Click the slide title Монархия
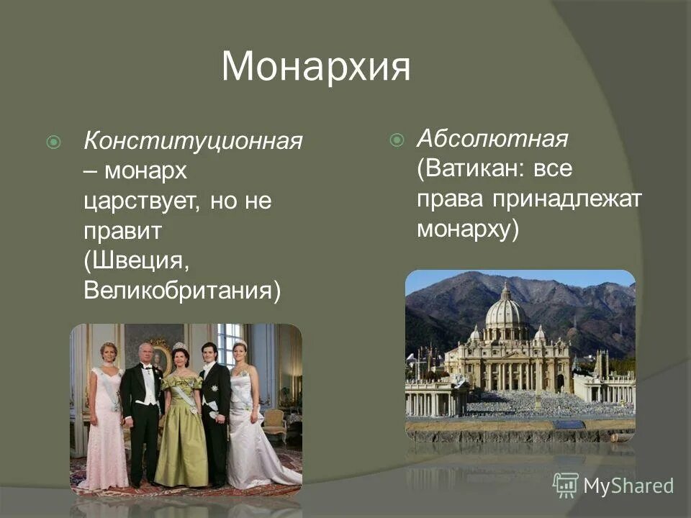coord(316,67)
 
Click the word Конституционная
coord(193,141)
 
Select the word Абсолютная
coord(492,138)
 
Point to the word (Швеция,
coord(137,261)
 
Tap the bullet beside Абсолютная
coord(396,140)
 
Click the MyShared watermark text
coord(628,486)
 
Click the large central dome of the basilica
coord(506,311)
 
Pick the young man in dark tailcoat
coord(214,410)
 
